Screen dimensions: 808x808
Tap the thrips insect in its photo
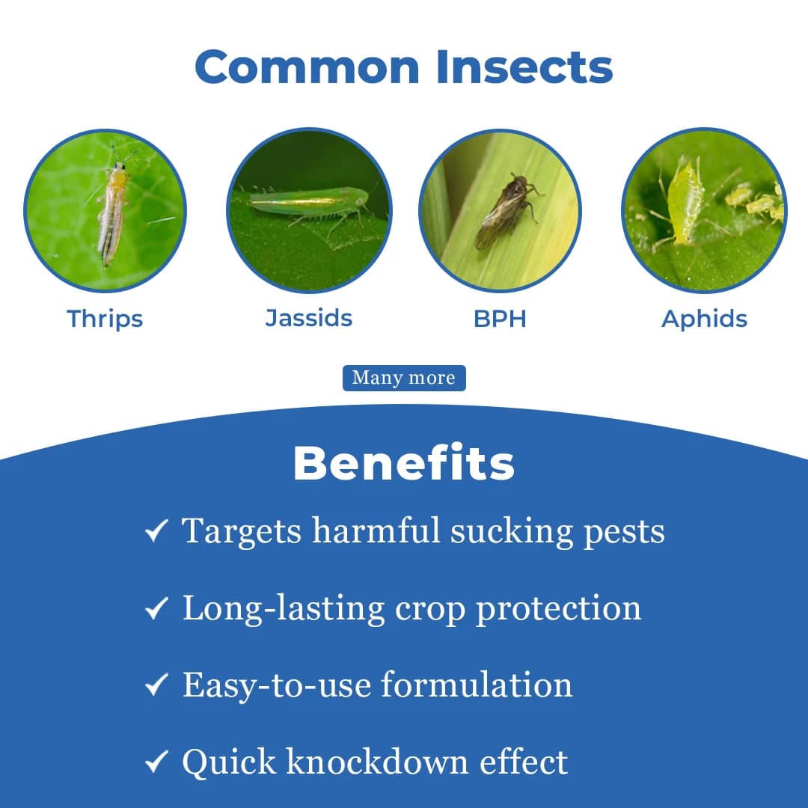(x=113, y=213)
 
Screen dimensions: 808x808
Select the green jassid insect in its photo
(x=309, y=201)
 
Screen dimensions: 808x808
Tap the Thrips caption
(x=105, y=319)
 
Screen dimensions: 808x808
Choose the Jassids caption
(x=309, y=318)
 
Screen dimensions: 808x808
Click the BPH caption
(x=500, y=319)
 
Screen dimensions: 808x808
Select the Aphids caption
(x=704, y=319)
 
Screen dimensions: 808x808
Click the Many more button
(x=404, y=378)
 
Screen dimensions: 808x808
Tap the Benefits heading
(x=404, y=464)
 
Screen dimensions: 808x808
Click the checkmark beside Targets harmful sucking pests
(x=156, y=533)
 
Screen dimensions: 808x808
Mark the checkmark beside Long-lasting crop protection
(x=156, y=609)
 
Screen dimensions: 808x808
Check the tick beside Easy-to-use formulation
(x=156, y=686)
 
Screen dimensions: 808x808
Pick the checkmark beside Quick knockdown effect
(x=156, y=763)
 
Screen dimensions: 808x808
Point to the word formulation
(x=476, y=685)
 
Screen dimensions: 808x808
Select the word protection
(x=559, y=607)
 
